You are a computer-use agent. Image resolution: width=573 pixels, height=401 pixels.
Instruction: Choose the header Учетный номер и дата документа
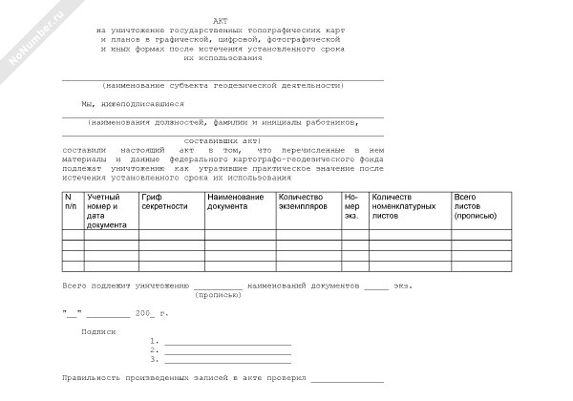(x=106, y=210)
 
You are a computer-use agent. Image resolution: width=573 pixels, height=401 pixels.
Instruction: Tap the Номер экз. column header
(x=352, y=205)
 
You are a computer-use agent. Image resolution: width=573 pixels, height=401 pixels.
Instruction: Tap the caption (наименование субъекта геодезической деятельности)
(x=223, y=85)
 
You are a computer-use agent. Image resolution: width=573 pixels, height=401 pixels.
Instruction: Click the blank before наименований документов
(x=218, y=285)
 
